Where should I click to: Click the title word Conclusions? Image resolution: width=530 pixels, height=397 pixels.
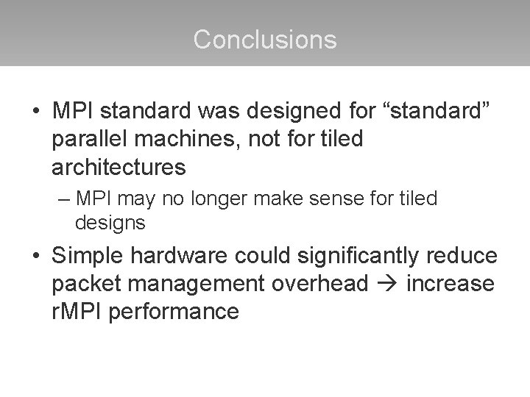[x=265, y=39]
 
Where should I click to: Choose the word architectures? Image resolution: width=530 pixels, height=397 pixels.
[x=119, y=166]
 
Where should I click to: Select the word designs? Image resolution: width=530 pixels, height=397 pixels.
[x=110, y=221]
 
